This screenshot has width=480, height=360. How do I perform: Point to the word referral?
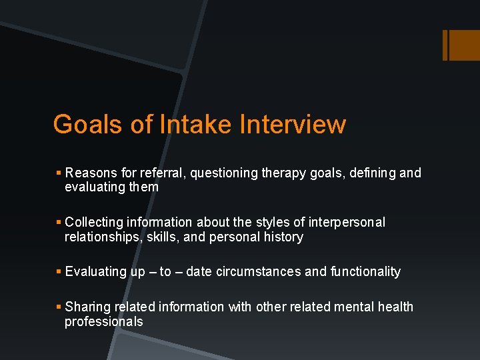point(164,173)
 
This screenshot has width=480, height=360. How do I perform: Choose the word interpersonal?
point(346,222)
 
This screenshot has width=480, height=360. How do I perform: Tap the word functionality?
point(365,271)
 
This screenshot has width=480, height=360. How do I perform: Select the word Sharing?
point(89,307)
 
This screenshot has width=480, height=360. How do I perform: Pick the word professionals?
point(103,321)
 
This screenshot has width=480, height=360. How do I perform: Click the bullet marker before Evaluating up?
point(59,271)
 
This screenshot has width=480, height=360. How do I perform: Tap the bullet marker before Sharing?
point(59,307)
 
